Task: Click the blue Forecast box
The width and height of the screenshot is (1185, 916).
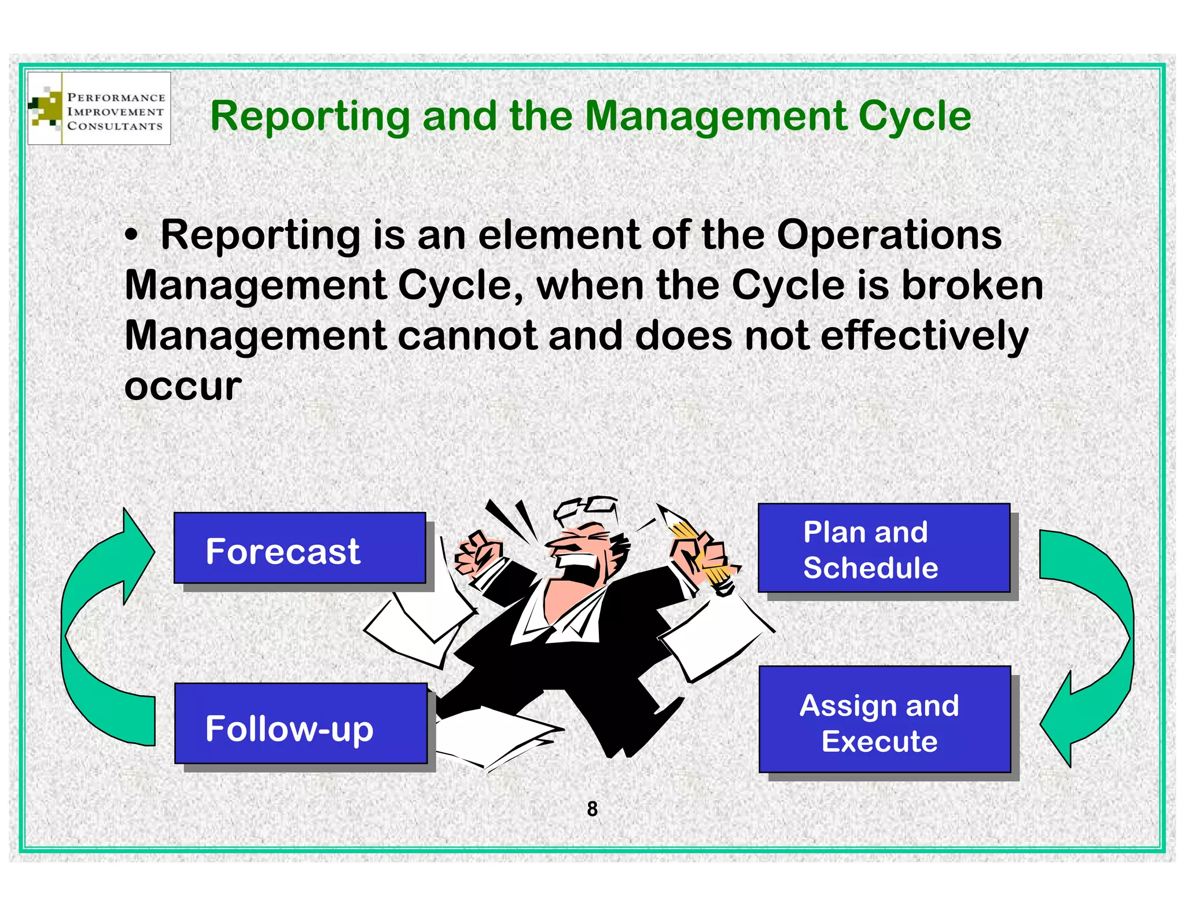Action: tap(300, 548)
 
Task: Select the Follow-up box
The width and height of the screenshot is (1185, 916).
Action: tap(301, 724)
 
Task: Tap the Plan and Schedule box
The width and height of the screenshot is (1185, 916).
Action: tap(884, 548)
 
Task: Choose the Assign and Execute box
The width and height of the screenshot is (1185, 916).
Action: tap(884, 719)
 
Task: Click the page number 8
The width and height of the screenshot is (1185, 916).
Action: tap(592, 809)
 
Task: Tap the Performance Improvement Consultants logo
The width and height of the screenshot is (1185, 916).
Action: tap(100, 109)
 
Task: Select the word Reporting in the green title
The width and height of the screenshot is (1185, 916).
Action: tap(310, 117)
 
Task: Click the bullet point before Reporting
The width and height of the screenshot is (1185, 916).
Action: tap(133, 237)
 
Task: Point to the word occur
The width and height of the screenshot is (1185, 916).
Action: tap(183, 386)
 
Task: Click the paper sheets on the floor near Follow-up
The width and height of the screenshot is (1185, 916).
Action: tap(498, 738)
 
